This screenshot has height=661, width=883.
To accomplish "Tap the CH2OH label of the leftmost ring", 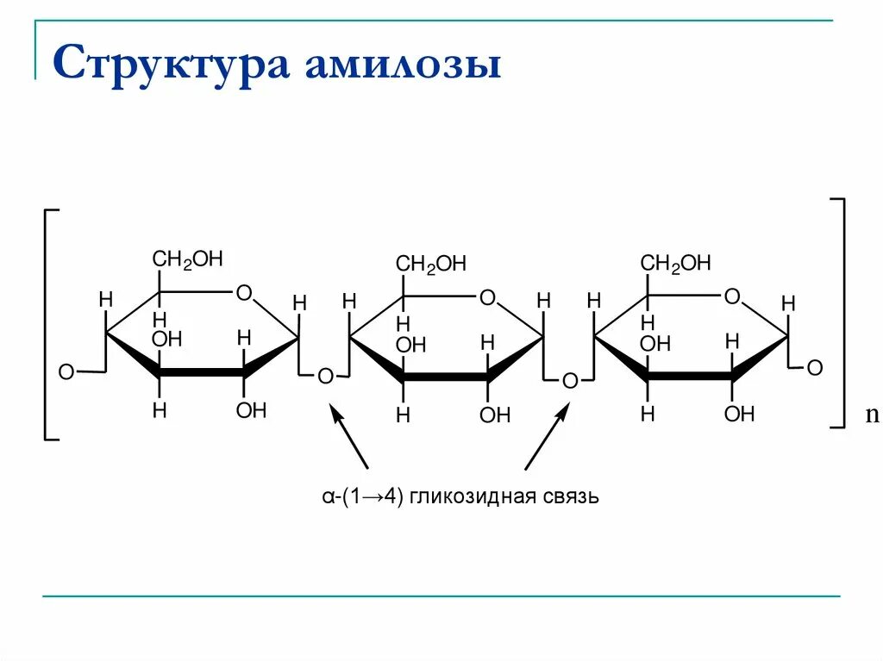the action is click(x=187, y=259).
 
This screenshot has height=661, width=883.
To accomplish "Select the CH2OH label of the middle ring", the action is click(x=430, y=265).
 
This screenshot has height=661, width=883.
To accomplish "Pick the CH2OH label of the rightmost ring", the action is click(x=675, y=264).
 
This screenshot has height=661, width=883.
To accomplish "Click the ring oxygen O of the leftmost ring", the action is click(x=244, y=294).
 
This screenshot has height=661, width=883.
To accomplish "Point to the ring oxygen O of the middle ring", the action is click(x=487, y=298).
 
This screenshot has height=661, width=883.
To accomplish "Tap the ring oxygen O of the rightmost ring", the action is click(x=732, y=297).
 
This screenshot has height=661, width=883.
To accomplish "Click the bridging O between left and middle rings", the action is click(x=325, y=377).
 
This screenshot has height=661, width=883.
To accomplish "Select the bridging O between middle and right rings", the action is click(x=569, y=380).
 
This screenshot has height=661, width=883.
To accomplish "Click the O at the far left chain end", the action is click(x=66, y=372).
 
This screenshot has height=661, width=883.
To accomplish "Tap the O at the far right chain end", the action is click(x=814, y=369).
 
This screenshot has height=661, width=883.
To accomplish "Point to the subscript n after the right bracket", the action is click(x=870, y=416).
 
